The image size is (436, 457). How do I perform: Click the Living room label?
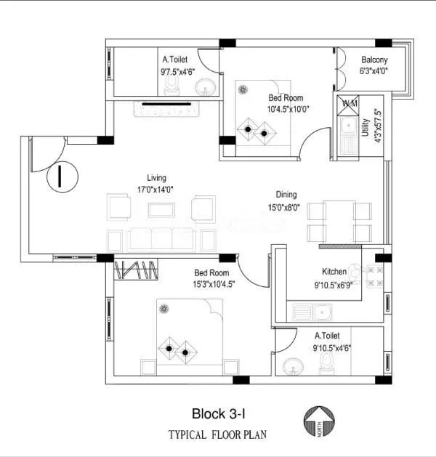(156, 177)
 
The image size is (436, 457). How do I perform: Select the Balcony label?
(374, 60)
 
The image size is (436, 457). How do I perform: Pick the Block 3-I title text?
(218, 413)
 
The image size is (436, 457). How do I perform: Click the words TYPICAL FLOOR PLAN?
(218, 435)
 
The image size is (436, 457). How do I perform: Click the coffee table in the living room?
(161, 210)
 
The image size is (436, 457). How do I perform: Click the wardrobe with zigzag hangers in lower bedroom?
(136, 269)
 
